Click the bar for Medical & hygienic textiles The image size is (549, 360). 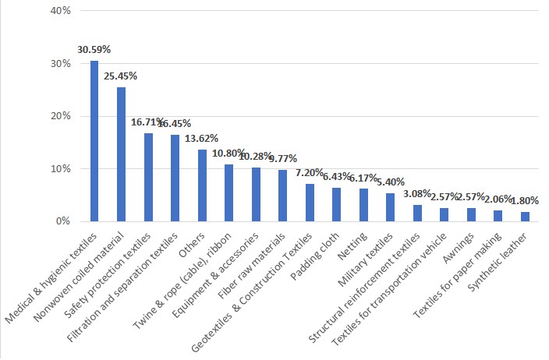pos(94,141)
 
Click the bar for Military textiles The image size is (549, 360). pos(391,207)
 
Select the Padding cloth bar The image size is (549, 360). pos(337,204)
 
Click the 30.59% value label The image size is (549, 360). pos(94,49)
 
